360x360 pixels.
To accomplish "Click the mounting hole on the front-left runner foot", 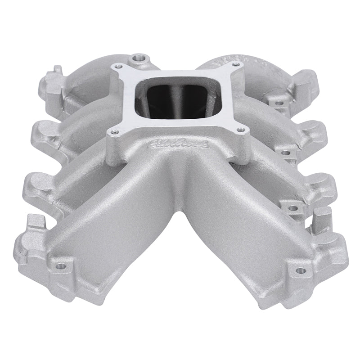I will point(62,265).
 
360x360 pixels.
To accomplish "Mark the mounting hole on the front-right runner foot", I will point(297,270).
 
